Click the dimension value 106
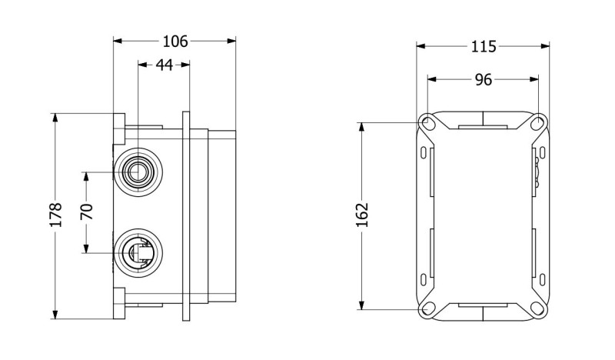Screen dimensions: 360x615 tap(175, 41)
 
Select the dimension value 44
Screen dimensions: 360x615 tap(164, 65)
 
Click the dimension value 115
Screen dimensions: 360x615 tap(483, 47)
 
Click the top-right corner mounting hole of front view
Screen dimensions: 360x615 tap(538, 122)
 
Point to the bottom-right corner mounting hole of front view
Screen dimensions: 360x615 tap(538, 309)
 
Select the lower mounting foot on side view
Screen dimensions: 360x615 tap(119, 303)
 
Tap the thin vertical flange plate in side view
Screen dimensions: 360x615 tap(186, 215)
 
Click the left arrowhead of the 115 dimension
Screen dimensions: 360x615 tap(421, 47)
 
